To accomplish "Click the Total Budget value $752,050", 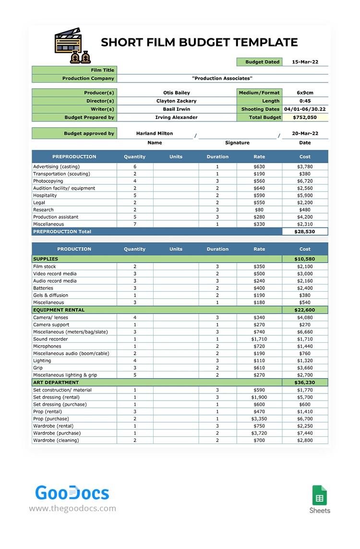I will (305, 117).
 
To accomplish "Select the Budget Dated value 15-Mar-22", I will (305, 62).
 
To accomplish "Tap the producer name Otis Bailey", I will (176, 93).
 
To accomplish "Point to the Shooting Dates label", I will (260, 109).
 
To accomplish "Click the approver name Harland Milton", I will (155, 133).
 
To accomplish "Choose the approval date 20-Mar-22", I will (305, 133).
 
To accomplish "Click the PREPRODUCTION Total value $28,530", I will (305, 231).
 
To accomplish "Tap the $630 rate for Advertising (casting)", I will (259, 167).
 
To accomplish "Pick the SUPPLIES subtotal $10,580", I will (305, 259).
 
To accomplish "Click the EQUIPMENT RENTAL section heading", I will (59, 310).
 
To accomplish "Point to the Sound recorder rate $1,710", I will (259, 339).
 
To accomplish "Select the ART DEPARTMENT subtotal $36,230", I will (305, 382).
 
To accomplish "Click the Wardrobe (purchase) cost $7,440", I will (305, 433).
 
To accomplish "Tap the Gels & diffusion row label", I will (50, 295).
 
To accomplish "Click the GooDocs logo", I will (72, 493).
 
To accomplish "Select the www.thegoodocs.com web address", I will (72, 508).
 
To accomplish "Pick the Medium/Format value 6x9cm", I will (305, 93).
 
